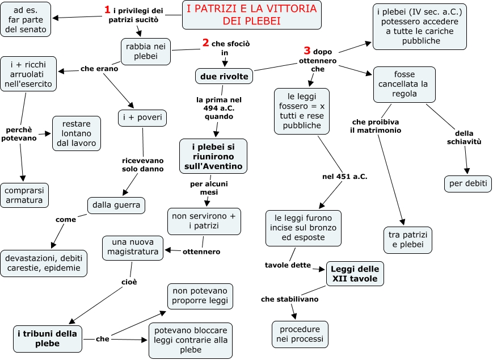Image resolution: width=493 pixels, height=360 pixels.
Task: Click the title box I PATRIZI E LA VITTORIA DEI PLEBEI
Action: click(x=251, y=15)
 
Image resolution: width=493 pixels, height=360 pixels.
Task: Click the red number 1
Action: click(x=107, y=10)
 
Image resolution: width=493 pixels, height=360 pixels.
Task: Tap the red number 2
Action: click(x=206, y=43)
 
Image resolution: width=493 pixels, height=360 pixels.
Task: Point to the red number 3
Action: click(x=307, y=51)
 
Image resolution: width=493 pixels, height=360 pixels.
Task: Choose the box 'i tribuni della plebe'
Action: click(x=48, y=338)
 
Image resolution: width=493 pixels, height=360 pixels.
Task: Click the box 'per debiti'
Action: click(x=467, y=184)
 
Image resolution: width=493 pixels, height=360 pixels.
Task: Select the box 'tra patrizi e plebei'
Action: click(x=407, y=240)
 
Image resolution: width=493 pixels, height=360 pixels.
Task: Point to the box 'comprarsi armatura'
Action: click(x=24, y=195)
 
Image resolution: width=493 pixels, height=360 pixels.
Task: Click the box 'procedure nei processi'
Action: click(x=299, y=334)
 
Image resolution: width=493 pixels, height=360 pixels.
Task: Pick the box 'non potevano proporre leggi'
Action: click(x=200, y=295)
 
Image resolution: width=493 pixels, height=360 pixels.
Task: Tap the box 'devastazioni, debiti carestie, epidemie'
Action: click(x=44, y=263)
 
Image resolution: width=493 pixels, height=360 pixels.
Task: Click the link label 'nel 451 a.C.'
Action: click(x=344, y=177)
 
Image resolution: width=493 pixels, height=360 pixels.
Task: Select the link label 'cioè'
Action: click(x=129, y=282)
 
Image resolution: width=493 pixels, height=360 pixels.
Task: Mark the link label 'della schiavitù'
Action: click(x=463, y=138)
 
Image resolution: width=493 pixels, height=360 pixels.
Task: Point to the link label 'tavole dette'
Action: click(x=288, y=265)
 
